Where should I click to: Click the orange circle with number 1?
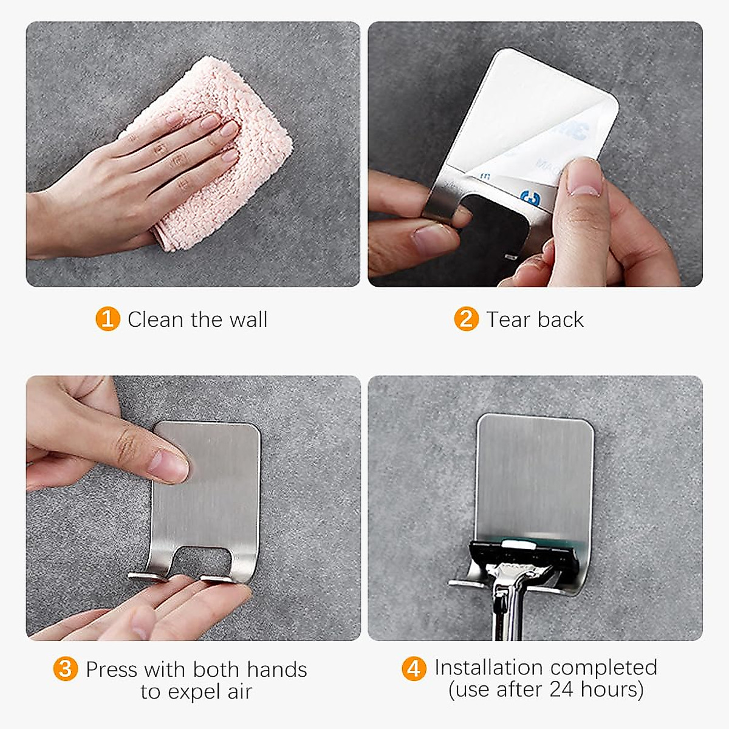click(x=108, y=319)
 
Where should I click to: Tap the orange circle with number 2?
click(x=466, y=319)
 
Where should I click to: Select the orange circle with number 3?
click(x=66, y=669)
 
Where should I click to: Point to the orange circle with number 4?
click(x=414, y=668)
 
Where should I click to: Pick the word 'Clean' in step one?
click(x=155, y=320)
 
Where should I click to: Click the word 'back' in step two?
click(x=560, y=320)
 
